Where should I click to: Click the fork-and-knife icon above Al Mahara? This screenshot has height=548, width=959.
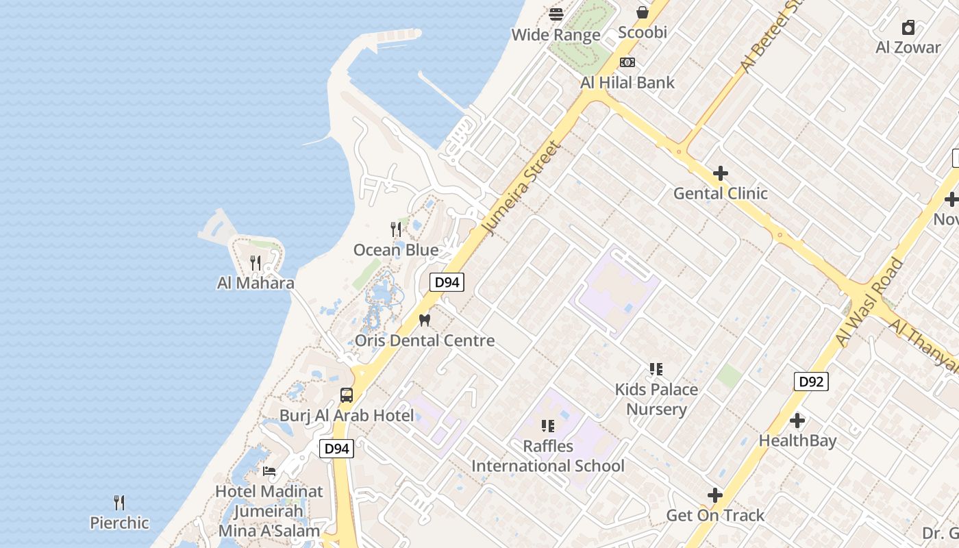(x=256, y=262)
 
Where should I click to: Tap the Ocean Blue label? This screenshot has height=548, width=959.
(x=395, y=250)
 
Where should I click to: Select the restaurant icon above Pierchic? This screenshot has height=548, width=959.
(x=119, y=503)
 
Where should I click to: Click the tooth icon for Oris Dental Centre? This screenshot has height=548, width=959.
(x=424, y=320)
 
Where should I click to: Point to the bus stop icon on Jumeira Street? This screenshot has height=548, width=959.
(x=347, y=395)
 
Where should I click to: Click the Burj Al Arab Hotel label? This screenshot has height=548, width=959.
(x=347, y=416)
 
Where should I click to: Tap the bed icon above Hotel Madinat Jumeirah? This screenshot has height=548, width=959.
(x=269, y=471)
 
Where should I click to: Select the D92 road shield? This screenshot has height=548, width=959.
(x=811, y=382)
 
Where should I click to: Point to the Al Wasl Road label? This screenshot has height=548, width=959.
(x=869, y=301)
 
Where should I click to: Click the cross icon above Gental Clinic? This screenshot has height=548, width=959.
(x=720, y=173)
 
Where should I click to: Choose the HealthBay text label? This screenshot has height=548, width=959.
(x=797, y=440)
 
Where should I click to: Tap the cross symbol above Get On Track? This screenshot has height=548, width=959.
(x=715, y=495)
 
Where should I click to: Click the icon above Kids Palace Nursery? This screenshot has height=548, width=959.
(x=656, y=369)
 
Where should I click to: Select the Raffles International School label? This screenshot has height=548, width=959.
(x=548, y=456)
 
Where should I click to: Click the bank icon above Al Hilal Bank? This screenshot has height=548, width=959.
(x=627, y=62)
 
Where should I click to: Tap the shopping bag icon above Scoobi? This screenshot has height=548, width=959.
(x=643, y=12)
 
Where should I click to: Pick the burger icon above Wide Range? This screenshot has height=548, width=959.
(x=556, y=14)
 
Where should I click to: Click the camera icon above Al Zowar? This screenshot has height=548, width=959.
(x=908, y=27)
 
